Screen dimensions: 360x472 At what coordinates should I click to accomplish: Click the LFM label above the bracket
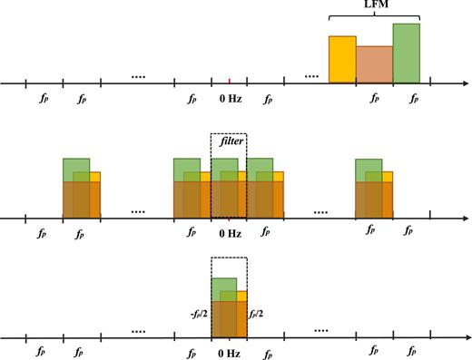[x=374, y=6]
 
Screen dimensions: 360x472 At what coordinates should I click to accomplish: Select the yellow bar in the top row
[x=341, y=60]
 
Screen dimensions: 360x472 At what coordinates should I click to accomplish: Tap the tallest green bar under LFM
[x=407, y=54]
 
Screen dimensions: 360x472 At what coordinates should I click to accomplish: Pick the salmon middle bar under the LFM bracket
[x=374, y=64]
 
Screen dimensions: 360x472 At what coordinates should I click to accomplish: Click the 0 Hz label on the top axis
[x=229, y=96]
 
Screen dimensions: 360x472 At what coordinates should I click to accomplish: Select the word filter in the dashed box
[x=229, y=142]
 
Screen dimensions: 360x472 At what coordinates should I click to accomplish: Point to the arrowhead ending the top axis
[x=452, y=83]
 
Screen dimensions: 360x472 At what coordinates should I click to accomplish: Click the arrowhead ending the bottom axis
[x=452, y=337]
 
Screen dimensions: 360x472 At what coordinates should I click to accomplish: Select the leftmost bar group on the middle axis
[x=81, y=189]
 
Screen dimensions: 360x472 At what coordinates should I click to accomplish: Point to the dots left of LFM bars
[x=312, y=74]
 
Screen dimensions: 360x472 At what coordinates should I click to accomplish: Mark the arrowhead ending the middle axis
[x=452, y=218]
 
